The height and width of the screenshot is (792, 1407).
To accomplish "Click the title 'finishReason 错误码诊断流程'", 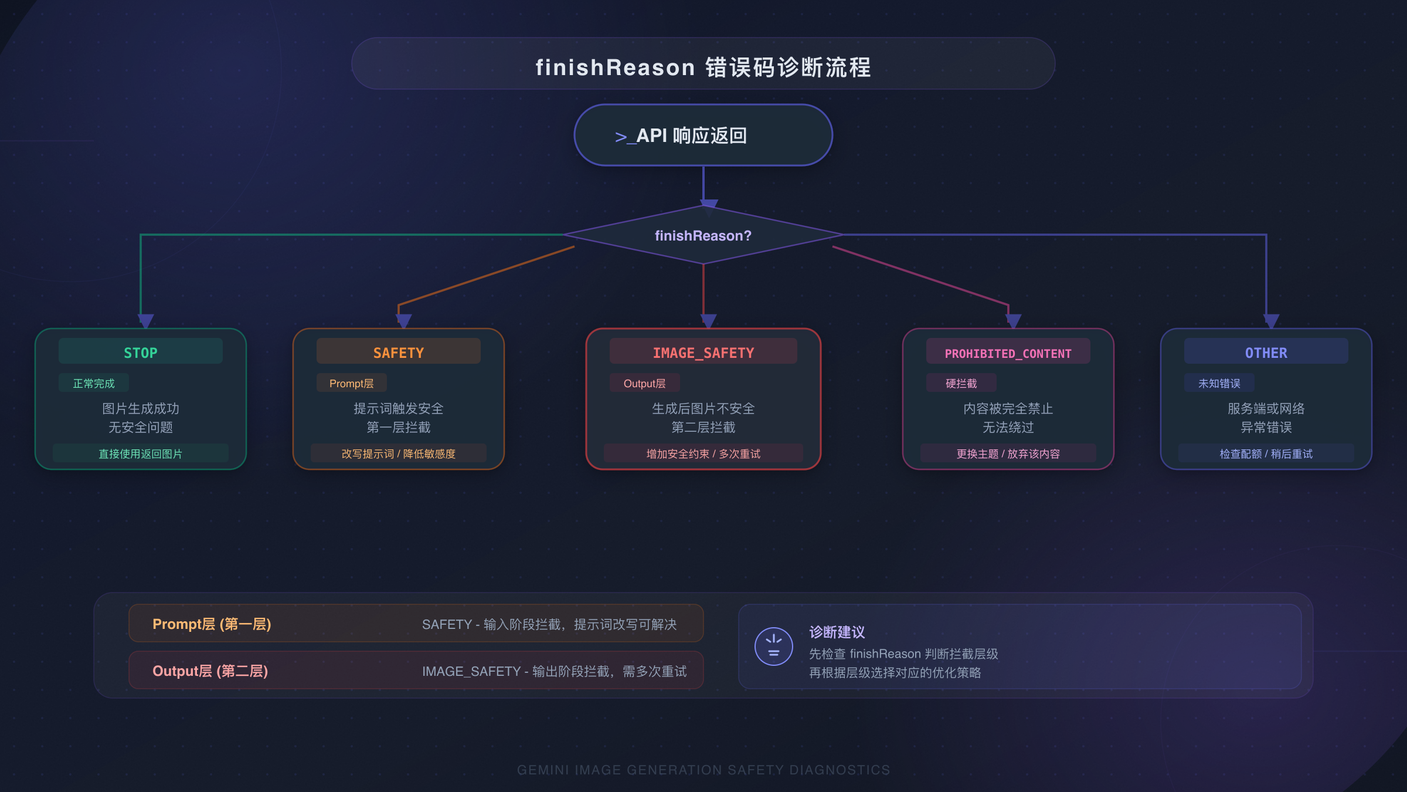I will coord(703,67).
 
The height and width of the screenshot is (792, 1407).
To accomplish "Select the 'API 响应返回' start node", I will coord(703,136).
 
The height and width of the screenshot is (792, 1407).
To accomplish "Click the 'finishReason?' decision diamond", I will coord(703,235).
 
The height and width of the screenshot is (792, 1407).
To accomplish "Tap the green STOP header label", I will coord(141,353).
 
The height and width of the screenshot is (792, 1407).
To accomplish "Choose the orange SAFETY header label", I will coord(399,353).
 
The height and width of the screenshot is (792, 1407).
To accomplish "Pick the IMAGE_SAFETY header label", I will coord(704,353).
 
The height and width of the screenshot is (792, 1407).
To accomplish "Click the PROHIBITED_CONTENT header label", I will coord(1008,353).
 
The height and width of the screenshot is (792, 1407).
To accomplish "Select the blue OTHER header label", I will coord(1266,353).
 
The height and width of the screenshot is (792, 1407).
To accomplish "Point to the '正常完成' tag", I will coord(94,383).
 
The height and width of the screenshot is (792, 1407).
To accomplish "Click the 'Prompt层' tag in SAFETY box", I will coord(352,383).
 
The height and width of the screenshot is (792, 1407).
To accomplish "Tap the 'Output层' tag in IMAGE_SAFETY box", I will coord(644,383).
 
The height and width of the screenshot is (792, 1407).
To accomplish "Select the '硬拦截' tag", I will coord(961,383).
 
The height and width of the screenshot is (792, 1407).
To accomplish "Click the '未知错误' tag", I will coord(1219,383).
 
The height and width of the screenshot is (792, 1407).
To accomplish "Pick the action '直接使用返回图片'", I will coord(141,453).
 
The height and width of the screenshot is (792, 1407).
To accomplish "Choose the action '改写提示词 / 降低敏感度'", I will coord(399,453).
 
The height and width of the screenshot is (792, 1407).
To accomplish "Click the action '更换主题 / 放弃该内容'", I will coord(1008,453).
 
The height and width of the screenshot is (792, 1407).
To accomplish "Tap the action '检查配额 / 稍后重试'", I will coord(1266,453).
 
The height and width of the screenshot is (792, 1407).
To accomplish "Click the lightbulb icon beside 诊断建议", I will coord(774,647).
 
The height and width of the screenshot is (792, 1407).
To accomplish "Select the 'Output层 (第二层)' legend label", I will coord(210,671).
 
